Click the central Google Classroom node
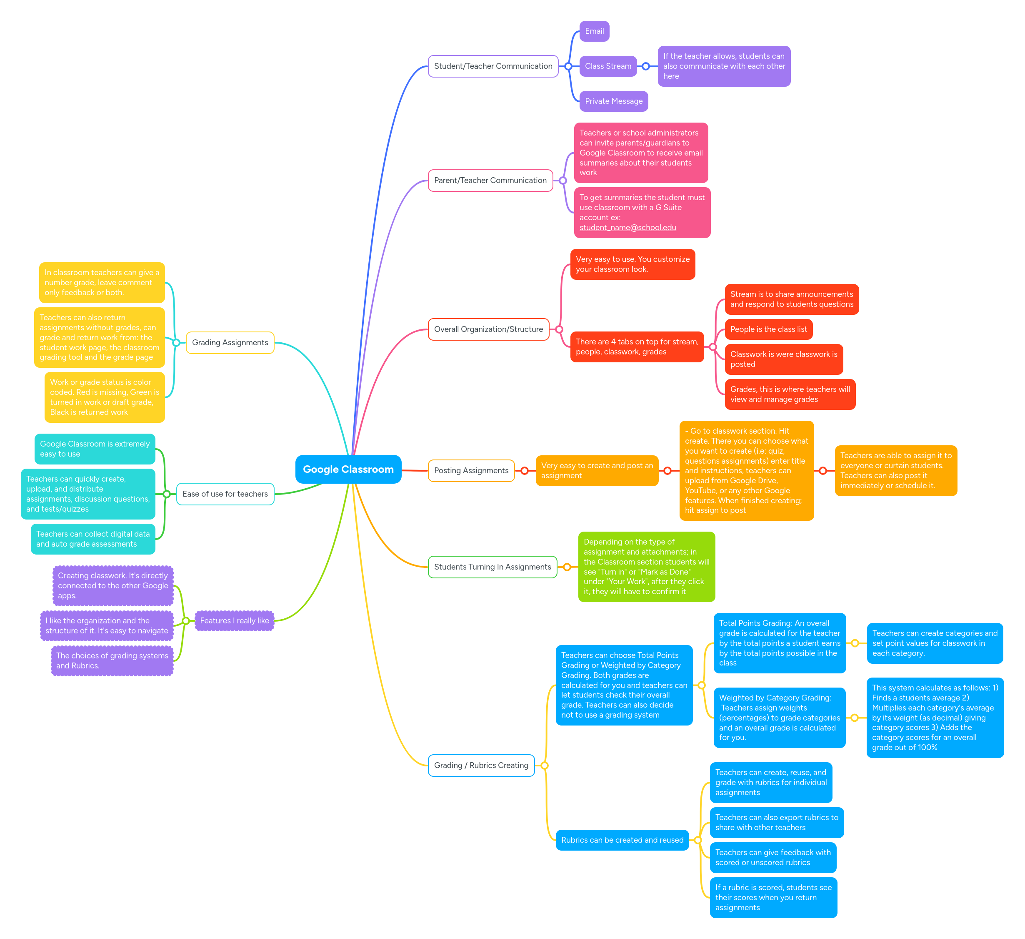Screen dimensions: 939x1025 tap(348, 469)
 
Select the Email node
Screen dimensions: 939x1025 tap(594, 31)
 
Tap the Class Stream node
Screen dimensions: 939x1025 tap(607, 66)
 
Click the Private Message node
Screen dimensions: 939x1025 tap(613, 101)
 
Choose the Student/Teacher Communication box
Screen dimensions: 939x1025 tap(492, 66)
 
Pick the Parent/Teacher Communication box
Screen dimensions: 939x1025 tap(490, 180)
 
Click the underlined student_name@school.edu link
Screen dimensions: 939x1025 tap(627, 227)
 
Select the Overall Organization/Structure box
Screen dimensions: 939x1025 tap(488, 329)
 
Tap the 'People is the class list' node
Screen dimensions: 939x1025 tap(768, 329)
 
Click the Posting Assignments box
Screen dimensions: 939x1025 tap(471, 470)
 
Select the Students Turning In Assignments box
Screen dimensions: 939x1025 tap(492, 567)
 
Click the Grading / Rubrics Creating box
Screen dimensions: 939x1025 tap(481, 765)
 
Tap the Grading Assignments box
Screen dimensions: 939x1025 tap(230, 342)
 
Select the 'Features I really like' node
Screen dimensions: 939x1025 tap(235, 620)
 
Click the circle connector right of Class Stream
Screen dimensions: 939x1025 tap(646, 66)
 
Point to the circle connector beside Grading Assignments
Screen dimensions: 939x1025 tap(176, 342)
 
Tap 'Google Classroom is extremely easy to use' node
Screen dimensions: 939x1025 tap(95, 449)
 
